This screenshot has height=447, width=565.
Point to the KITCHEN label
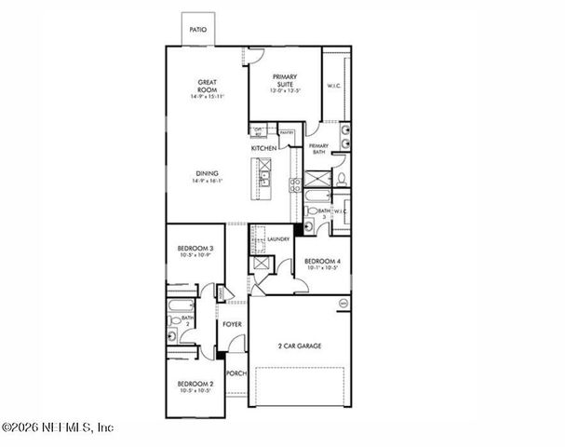(x=263, y=148)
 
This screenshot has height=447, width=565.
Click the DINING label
(x=208, y=171)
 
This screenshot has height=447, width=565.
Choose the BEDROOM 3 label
(x=195, y=247)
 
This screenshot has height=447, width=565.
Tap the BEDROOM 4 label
(x=322, y=261)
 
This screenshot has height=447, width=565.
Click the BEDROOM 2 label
(x=195, y=384)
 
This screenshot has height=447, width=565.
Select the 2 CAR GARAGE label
(x=300, y=345)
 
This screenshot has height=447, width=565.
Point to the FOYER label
(x=232, y=324)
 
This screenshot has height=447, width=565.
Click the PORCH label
(x=236, y=374)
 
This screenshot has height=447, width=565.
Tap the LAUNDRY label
(x=278, y=239)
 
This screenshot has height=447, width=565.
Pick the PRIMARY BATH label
(x=319, y=149)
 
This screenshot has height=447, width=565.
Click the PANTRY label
(x=287, y=132)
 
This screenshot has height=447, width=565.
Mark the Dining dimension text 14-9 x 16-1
(x=208, y=182)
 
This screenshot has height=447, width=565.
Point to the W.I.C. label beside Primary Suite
(x=334, y=87)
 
